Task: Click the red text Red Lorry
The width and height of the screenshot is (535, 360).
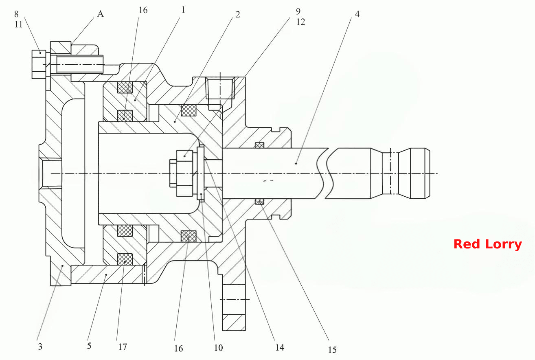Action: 487,244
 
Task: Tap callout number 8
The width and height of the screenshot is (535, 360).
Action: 16,14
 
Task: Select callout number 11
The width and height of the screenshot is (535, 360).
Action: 18,24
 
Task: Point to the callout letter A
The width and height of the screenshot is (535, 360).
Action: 100,14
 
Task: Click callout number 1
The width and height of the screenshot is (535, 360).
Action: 183,10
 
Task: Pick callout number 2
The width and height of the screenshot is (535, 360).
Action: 237,15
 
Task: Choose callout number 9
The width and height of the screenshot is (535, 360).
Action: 298,11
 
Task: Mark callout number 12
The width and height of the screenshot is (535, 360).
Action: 301,22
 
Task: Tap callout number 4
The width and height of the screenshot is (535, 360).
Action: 357,14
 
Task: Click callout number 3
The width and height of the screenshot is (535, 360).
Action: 40,347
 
